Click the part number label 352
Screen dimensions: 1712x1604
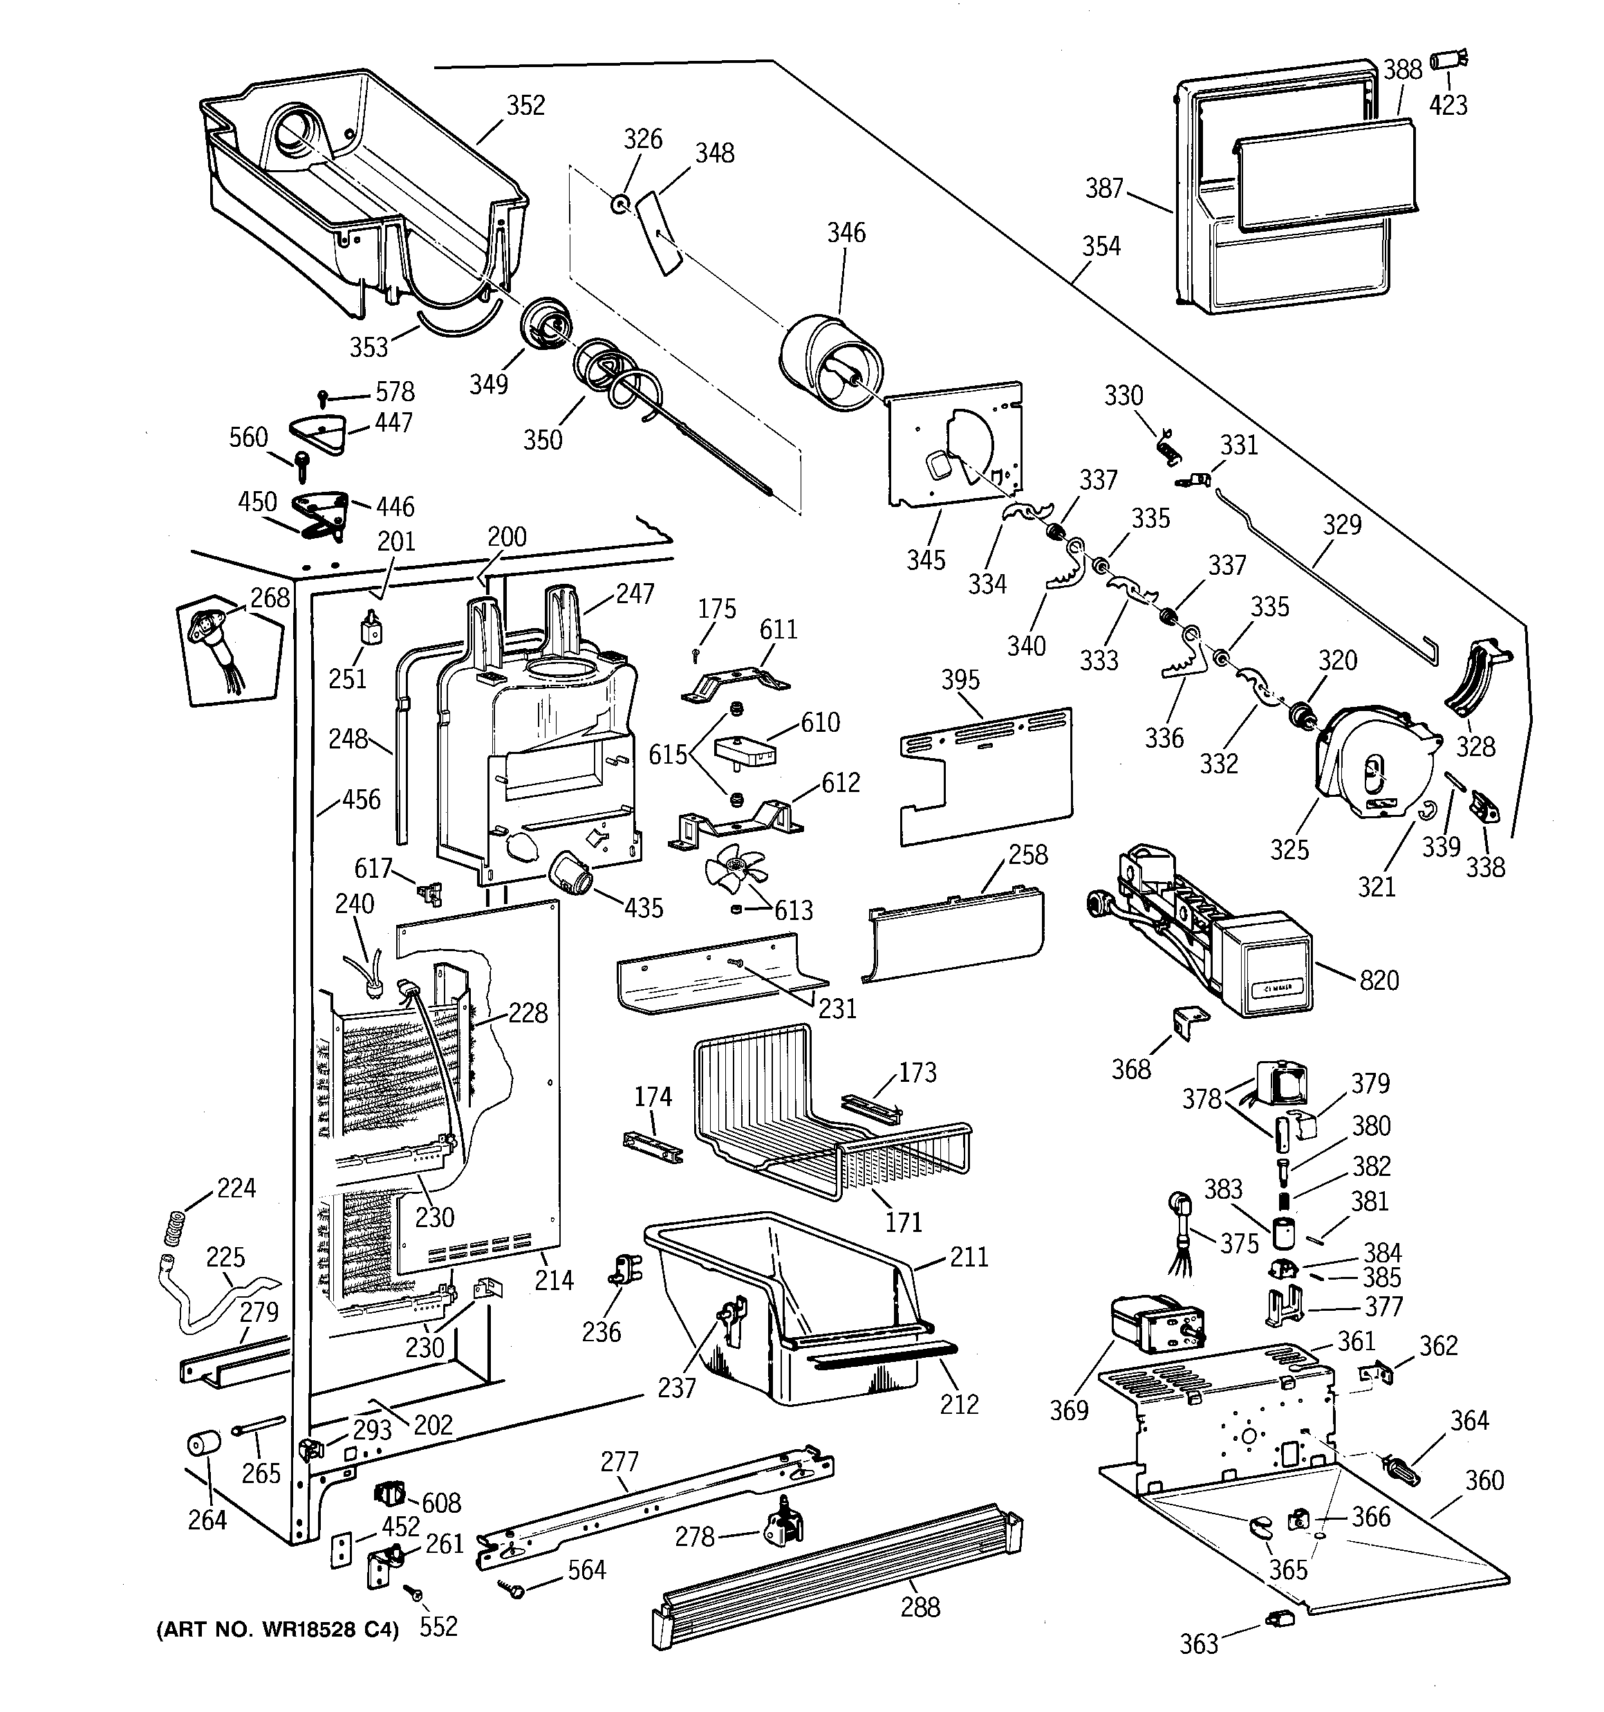[x=525, y=105]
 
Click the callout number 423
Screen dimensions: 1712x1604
[x=1448, y=105]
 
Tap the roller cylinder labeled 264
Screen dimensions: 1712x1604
[x=203, y=1444]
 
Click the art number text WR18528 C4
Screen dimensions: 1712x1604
[x=277, y=1630]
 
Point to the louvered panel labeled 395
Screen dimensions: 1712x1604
[x=986, y=773]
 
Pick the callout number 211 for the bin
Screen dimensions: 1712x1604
[x=969, y=1258]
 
